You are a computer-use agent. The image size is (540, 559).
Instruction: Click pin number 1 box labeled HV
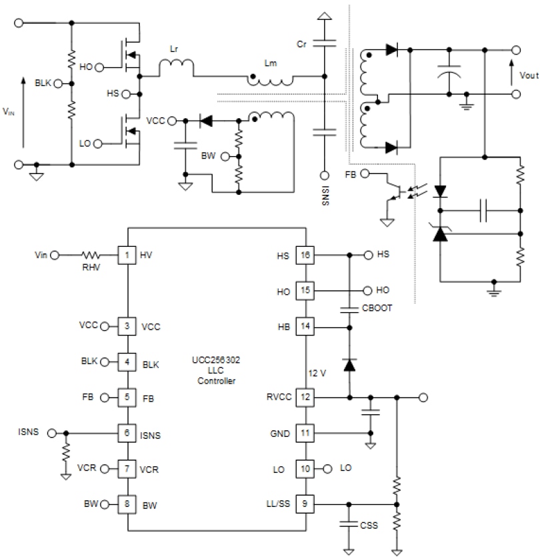(127, 255)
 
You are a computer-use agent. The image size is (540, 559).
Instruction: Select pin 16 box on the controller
(305, 255)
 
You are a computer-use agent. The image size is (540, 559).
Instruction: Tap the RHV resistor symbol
(90, 255)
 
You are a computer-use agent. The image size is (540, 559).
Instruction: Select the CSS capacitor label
(369, 526)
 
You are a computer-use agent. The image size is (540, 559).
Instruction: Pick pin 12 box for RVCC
(305, 398)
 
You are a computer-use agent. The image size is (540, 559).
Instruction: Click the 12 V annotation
(317, 373)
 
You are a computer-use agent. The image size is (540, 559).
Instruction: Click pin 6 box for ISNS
(127, 432)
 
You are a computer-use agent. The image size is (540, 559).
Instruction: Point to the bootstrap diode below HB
(348, 364)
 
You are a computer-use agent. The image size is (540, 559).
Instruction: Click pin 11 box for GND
(305, 434)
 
